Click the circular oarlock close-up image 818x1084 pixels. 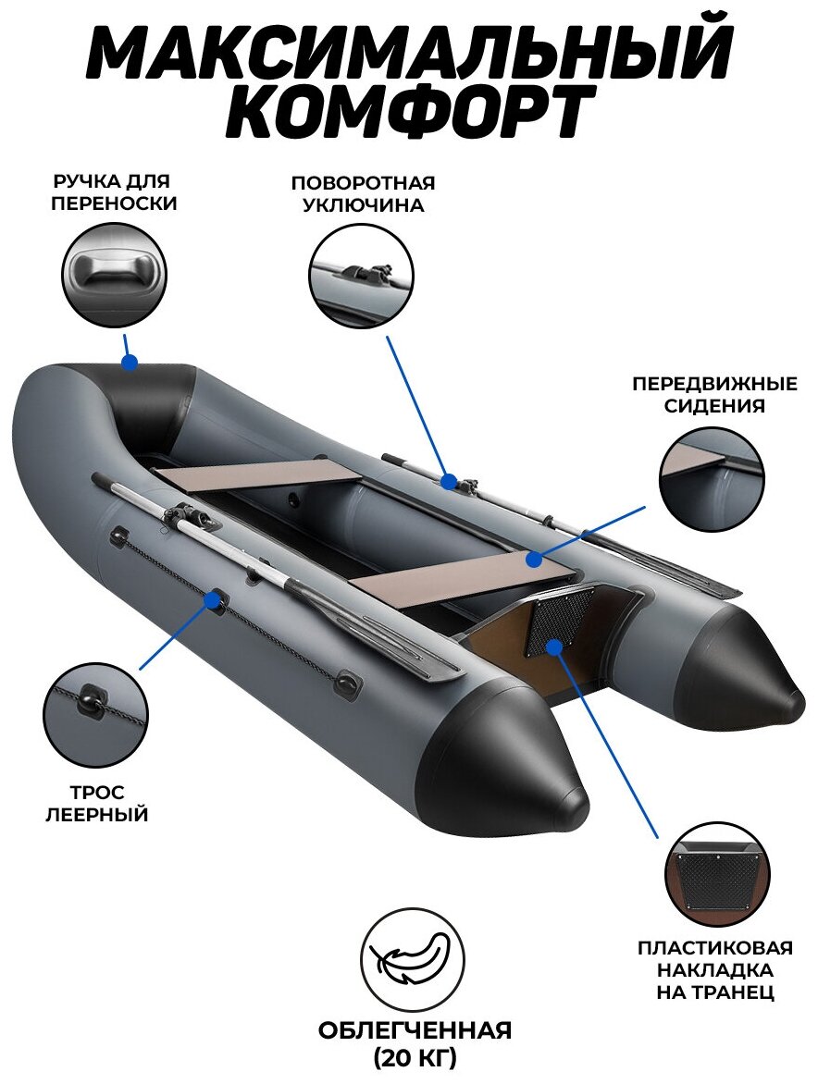[x=362, y=275]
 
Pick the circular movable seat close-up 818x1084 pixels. [x=712, y=478]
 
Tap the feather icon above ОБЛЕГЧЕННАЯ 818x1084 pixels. [x=413, y=959]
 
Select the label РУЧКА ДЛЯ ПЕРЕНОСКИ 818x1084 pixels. [x=114, y=192]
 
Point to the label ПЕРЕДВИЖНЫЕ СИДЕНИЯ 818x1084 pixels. [x=714, y=394]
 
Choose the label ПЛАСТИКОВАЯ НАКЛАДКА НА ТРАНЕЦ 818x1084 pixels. [x=714, y=970]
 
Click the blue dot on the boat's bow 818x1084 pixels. [x=130, y=363]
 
